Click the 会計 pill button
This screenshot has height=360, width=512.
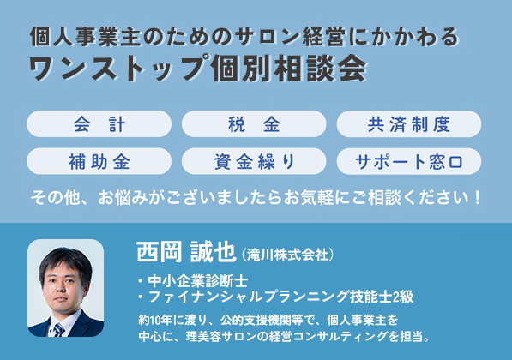99,124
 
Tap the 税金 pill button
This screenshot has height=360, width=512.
254,124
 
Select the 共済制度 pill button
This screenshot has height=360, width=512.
409,124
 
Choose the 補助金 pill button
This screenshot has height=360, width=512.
99,161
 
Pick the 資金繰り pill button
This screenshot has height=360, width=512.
254,161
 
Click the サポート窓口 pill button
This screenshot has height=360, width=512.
409,161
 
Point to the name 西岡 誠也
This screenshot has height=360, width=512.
186,252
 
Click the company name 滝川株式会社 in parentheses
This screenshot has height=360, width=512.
287,255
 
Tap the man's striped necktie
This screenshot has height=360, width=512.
59,330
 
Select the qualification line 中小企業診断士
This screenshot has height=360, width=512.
197,281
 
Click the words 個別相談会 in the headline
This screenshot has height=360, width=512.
289,69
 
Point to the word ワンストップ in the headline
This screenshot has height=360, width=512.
119,69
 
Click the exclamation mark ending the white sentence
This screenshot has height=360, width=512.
477,197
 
